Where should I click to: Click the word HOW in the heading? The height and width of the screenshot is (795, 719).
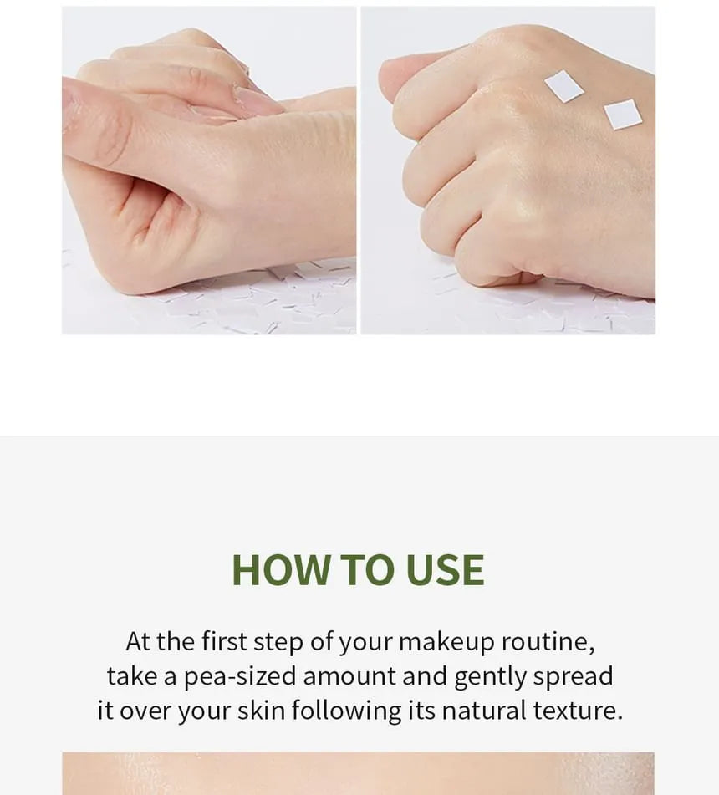(280, 570)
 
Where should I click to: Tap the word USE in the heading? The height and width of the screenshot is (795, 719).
(445, 570)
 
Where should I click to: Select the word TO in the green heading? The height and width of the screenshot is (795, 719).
(366, 570)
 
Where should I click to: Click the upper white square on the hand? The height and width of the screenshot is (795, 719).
(563, 86)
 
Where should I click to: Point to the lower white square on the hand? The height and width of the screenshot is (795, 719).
(623, 114)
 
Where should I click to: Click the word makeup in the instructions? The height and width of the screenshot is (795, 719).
(446, 642)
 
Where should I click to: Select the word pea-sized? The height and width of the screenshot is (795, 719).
(240, 677)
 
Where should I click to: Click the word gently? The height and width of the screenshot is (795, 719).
(490, 677)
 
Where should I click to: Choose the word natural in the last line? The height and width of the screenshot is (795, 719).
(484, 711)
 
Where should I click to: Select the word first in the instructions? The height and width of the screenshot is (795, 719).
(224, 641)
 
